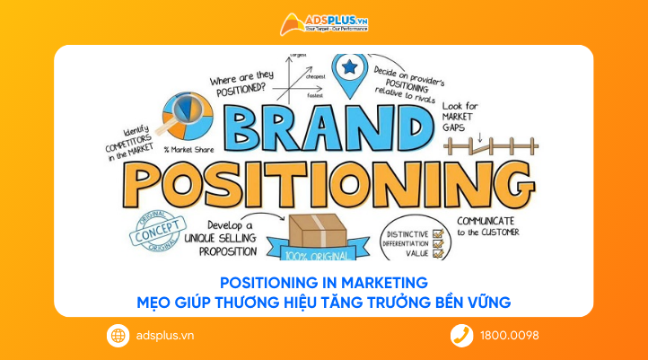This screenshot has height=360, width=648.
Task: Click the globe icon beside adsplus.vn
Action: [x=118, y=336]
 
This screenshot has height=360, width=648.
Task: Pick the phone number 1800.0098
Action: [x=509, y=336]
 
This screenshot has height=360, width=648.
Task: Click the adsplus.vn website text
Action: [x=162, y=336]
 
